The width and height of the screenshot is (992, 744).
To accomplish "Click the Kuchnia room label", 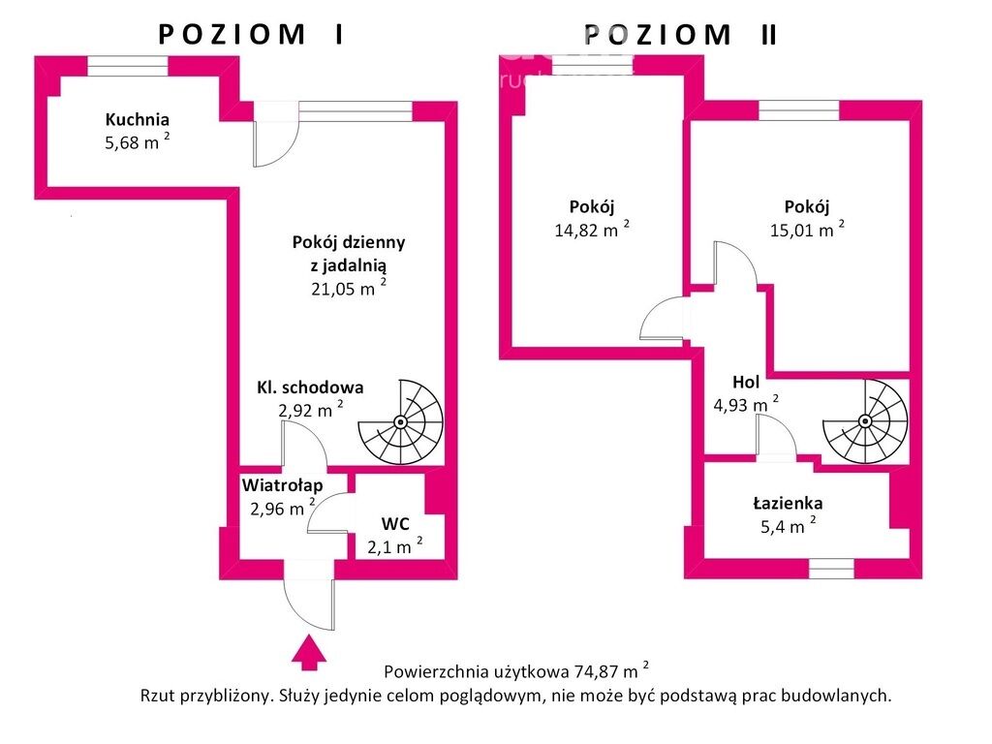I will [138, 120].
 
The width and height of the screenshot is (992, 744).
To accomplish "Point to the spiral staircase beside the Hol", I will [865, 420].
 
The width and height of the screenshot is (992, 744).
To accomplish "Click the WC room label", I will [394, 524].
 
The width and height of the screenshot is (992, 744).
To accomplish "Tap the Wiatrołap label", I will [282, 484].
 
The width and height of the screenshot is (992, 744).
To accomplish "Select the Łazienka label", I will [788, 504].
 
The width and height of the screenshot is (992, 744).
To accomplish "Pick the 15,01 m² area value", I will [806, 230].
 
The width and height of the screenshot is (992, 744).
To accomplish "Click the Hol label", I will [746, 382].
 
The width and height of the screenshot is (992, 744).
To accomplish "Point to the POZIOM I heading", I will [251, 34].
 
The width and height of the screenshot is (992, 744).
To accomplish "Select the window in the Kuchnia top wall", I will [128, 66].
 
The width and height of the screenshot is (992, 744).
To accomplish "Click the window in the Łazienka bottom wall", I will [830, 569].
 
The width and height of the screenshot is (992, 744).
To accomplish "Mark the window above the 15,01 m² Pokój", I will [798, 110].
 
